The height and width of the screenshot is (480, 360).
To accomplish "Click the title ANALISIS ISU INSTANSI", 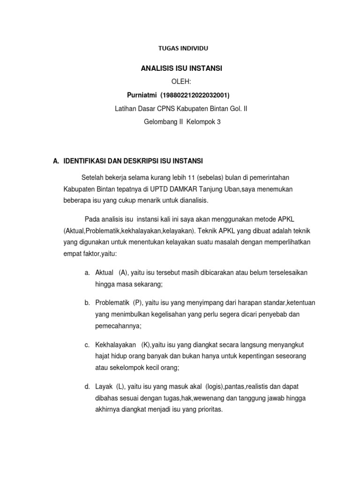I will tap(181, 68).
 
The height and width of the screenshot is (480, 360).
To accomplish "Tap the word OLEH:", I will tap(181, 82).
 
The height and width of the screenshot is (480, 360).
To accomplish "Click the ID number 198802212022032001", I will tap(195, 95).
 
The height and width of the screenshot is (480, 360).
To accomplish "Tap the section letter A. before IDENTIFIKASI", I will tap(56, 161).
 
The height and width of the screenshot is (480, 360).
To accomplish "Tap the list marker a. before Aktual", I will tap(87, 273).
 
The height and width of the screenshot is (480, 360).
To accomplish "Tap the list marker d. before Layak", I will tap(87, 386).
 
